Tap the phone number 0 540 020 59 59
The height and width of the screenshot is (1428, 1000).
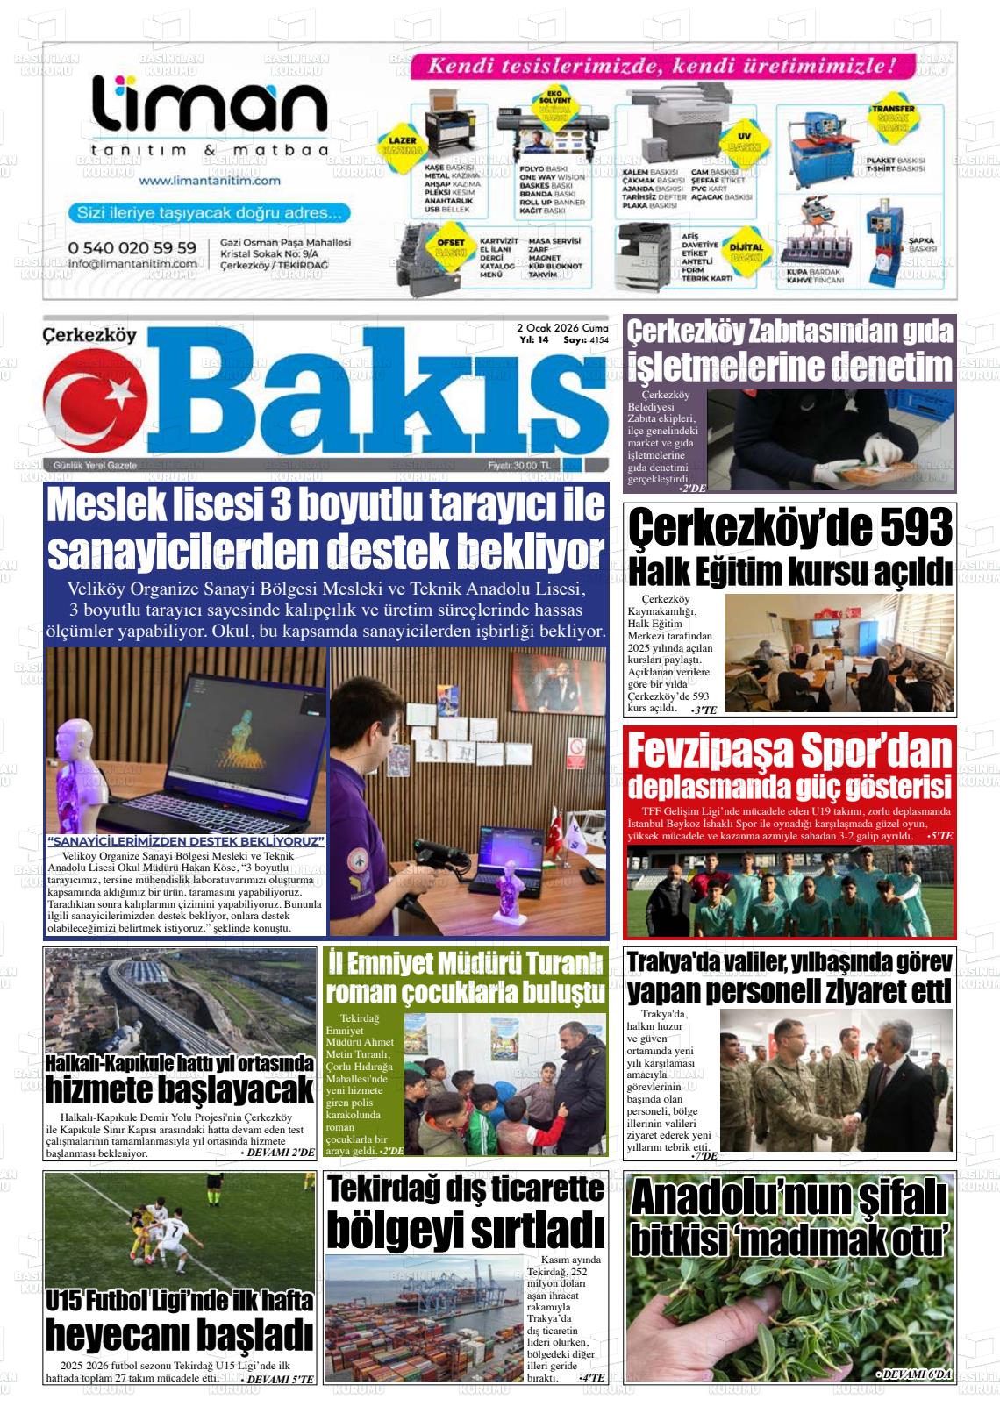pyautogui.click(x=132, y=248)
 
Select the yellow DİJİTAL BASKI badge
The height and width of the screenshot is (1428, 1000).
pyautogui.click(x=746, y=253)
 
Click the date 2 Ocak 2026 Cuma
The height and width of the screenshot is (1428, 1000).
pyautogui.click(x=562, y=327)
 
